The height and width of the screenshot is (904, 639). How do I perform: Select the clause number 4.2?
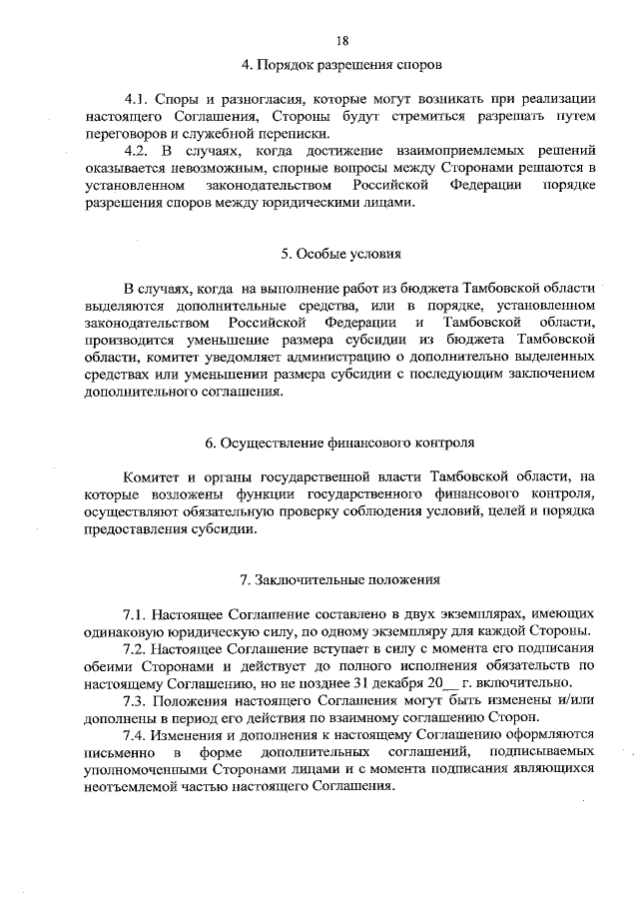(136, 151)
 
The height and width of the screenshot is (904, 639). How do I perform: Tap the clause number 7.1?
(136, 612)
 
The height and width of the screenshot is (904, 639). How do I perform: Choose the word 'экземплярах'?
(437, 612)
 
